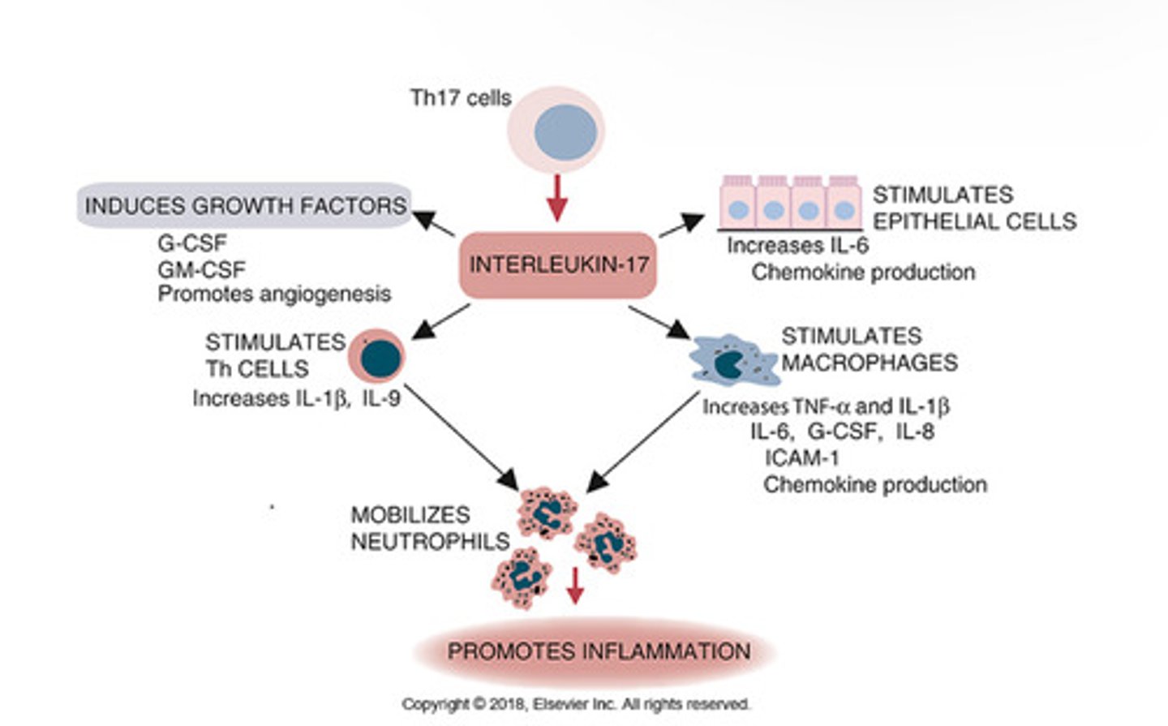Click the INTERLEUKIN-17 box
click(558, 265)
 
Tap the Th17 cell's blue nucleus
click(565, 132)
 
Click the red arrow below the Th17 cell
click(556, 198)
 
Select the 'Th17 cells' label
click(461, 98)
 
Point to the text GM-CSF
click(201, 269)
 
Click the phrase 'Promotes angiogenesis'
click(274, 294)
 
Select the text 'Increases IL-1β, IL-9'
click(296, 398)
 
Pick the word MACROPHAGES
click(870, 363)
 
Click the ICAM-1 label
click(801, 458)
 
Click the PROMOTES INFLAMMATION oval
click(599, 651)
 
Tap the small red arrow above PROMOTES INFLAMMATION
click(575, 586)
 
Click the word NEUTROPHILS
click(430, 541)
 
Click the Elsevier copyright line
click(576, 704)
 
